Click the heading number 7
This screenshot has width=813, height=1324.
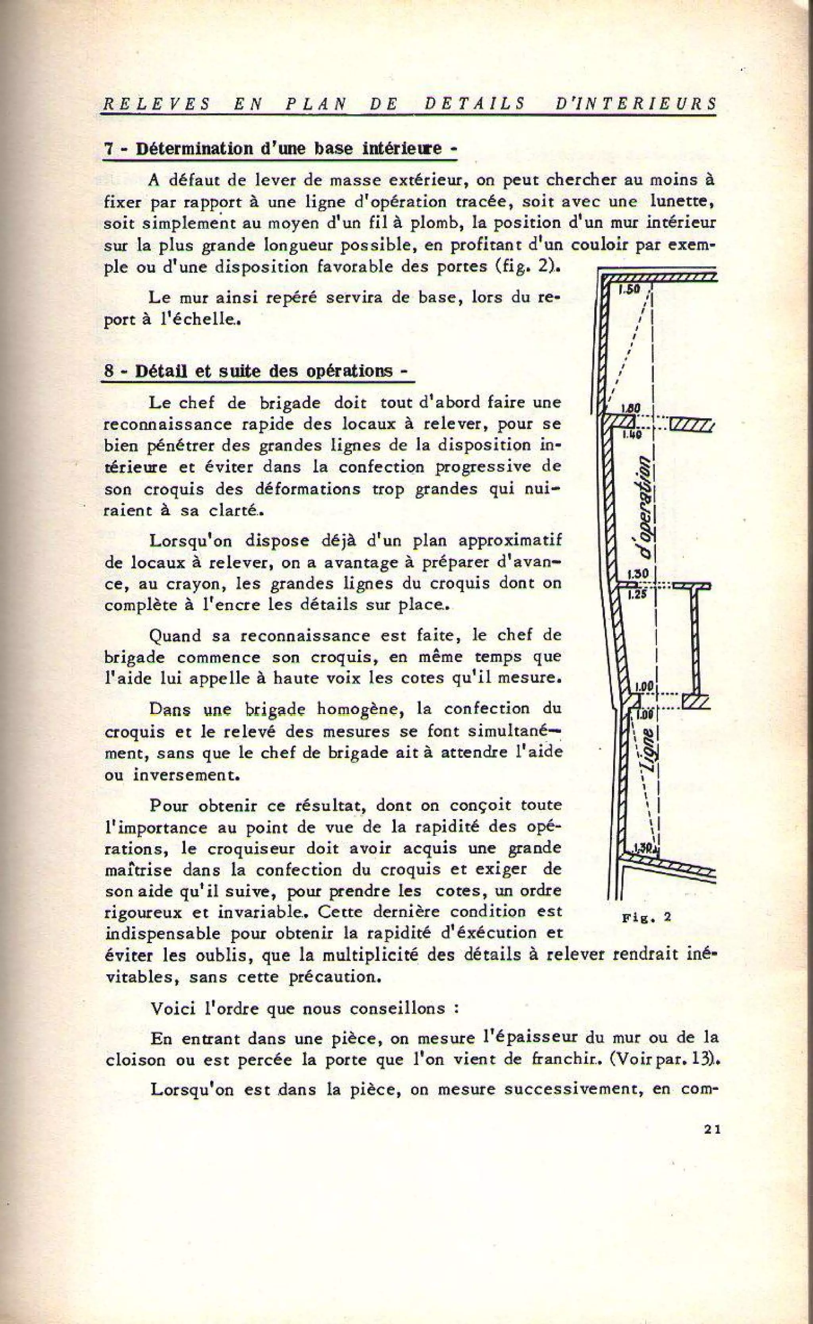107,149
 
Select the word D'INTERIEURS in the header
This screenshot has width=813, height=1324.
636,104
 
